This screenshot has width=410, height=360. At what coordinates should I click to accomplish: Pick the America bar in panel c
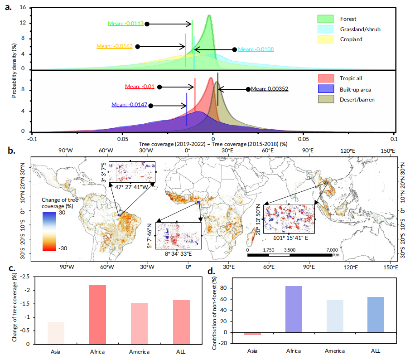click(140, 323)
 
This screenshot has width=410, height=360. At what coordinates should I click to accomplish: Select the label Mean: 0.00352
click(270, 89)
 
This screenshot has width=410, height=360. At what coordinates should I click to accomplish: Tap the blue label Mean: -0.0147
click(129, 105)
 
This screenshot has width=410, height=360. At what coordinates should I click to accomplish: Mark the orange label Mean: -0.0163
click(114, 46)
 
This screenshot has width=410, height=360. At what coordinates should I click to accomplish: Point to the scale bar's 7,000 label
click(332, 250)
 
